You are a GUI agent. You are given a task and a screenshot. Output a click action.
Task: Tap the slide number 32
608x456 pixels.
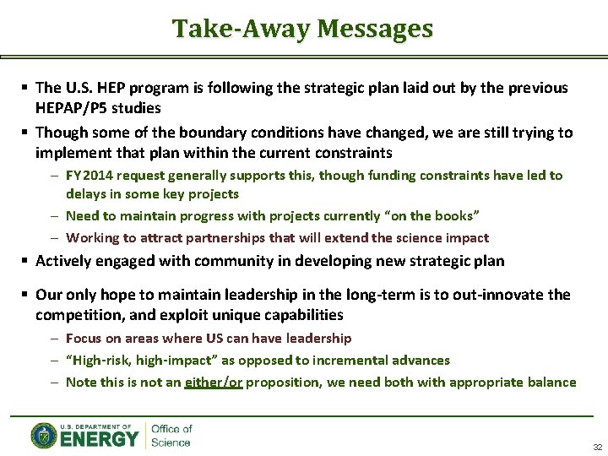click(x=597, y=447)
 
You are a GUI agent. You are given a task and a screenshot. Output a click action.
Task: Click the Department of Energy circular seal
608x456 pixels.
click(x=44, y=435)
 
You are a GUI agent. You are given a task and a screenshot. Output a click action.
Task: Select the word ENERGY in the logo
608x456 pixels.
click(x=100, y=439)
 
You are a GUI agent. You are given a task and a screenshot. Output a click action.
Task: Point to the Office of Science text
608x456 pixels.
click(x=171, y=436)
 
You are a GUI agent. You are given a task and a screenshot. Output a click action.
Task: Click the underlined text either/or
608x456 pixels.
click(x=214, y=383)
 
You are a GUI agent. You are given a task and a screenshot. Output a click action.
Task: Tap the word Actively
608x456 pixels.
click(x=62, y=262)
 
